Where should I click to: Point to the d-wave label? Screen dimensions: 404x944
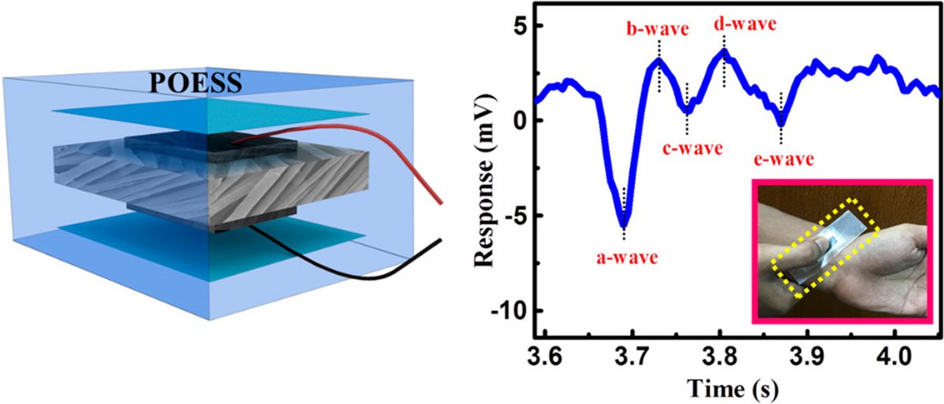tap(744, 24)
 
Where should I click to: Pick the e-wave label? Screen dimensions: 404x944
tap(780, 160)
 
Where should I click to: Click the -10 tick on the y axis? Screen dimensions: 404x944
tap(503, 310)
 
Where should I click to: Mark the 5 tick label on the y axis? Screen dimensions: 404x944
tap(513, 26)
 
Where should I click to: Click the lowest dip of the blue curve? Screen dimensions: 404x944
tap(624, 226)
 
